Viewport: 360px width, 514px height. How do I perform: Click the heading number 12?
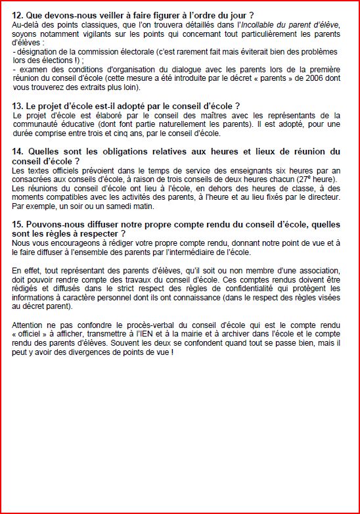click(18, 14)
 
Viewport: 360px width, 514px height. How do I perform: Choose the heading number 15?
click(18, 224)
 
